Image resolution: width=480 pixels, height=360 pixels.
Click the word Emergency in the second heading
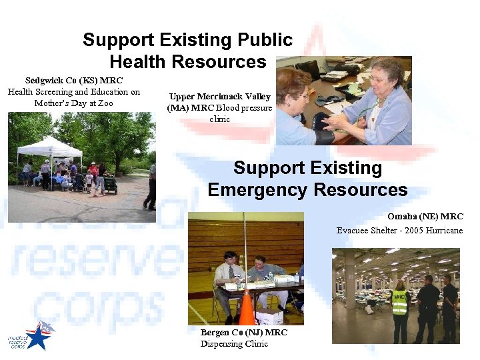[x=257, y=190]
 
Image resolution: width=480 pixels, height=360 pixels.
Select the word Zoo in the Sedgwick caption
[x=105, y=103]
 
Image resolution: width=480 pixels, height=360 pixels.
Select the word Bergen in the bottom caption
[x=215, y=333]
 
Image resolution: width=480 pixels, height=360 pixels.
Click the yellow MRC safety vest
[x=400, y=303]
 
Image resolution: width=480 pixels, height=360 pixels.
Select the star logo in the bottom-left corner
[x=39, y=337]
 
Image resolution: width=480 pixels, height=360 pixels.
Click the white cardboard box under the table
[x=271, y=316]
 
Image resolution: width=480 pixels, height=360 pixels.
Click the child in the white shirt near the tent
[x=89, y=179]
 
